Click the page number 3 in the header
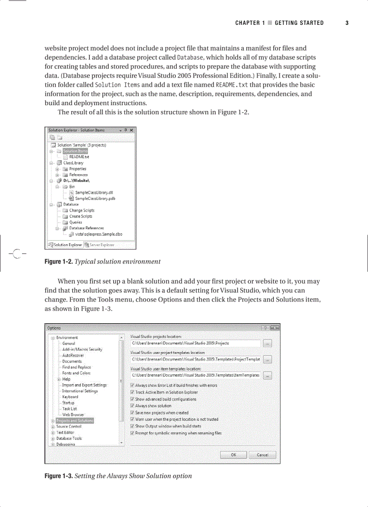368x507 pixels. [x=347, y=23]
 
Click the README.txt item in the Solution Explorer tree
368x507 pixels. [x=78, y=157]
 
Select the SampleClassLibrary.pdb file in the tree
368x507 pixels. [x=95, y=198]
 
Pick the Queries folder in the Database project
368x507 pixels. [x=75, y=222]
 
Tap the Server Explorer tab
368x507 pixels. [x=101, y=245]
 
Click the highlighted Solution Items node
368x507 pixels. [x=75, y=151]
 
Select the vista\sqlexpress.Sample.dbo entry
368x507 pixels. [x=98, y=234]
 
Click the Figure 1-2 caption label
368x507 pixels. [x=58, y=261]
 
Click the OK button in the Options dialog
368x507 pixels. [x=233, y=455]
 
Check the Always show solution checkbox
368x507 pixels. [x=132, y=406]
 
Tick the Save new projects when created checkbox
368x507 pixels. [x=132, y=413]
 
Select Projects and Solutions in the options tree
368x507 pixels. [x=74, y=421]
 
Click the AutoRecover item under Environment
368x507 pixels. [x=73, y=355]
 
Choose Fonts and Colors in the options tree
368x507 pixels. [x=76, y=373]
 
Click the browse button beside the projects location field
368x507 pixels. [x=267, y=344]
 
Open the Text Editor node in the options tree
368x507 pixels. [x=65, y=433]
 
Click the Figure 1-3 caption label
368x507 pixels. [x=58, y=476]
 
